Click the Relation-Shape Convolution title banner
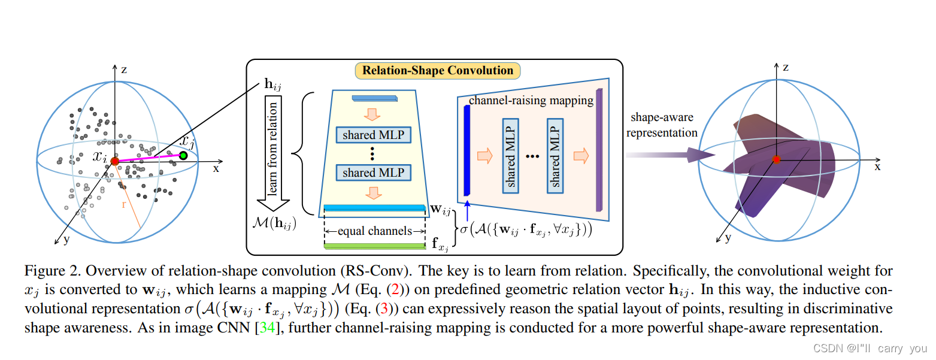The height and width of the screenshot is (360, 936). click(x=438, y=71)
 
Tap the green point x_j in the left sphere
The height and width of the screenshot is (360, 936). click(x=183, y=156)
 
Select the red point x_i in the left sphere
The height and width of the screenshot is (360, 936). click(x=114, y=161)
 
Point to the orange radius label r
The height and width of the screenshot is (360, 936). click(x=124, y=204)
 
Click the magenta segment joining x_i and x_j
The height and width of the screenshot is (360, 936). click(x=149, y=158)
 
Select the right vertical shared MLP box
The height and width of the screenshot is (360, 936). click(x=555, y=156)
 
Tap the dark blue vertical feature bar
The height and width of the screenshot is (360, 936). click(x=467, y=150)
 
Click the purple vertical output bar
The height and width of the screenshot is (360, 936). click(x=599, y=150)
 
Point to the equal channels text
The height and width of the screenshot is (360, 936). click(x=374, y=231)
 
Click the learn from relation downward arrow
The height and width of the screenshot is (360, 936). click(x=272, y=156)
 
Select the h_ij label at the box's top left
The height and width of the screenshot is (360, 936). click(x=273, y=84)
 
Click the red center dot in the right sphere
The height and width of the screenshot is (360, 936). click(x=776, y=159)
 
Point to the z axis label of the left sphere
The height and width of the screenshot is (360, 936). click(x=124, y=69)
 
